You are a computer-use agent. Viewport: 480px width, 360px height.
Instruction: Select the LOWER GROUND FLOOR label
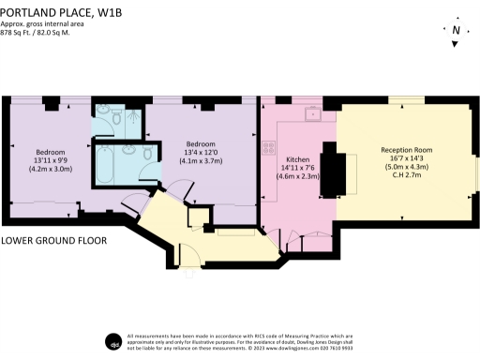point(54,241)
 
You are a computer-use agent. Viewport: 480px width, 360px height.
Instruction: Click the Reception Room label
point(405,150)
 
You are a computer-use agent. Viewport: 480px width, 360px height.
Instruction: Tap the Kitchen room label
point(297,159)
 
